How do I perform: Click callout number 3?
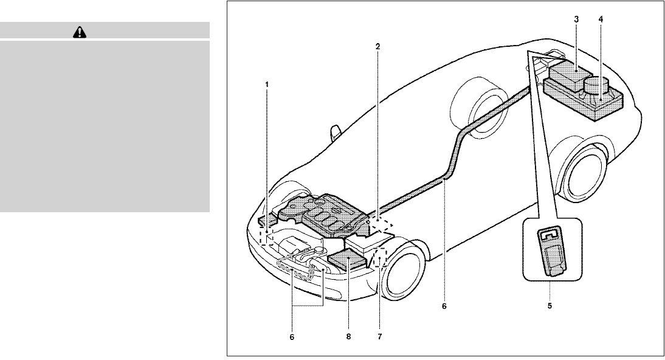[576, 19]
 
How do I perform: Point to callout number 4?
[601, 19]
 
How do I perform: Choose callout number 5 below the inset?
[550, 306]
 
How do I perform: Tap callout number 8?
[348, 335]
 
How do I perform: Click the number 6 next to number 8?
[292, 336]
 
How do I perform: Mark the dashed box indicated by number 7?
[381, 257]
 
